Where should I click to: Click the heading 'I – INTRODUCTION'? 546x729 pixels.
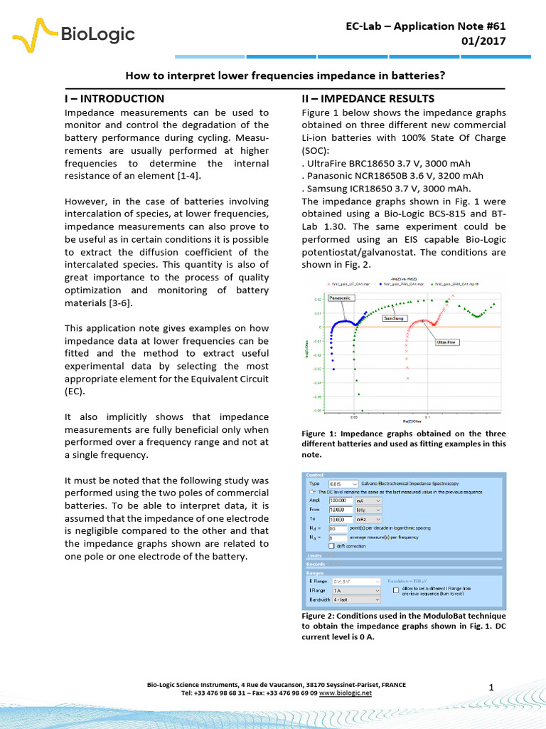click(114, 98)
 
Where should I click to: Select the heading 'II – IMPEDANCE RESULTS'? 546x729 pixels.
click(368, 98)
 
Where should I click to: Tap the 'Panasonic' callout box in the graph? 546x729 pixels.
click(340, 298)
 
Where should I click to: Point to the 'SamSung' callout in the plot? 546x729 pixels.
click(395, 318)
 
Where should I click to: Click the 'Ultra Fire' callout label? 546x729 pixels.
click(446, 342)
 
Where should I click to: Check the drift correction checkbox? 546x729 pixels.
click(331, 545)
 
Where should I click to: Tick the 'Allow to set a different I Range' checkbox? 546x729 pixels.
click(396, 590)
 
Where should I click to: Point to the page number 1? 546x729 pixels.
click(491, 686)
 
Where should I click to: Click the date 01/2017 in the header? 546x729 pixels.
click(484, 41)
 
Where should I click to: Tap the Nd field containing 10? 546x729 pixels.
click(337, 529)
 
